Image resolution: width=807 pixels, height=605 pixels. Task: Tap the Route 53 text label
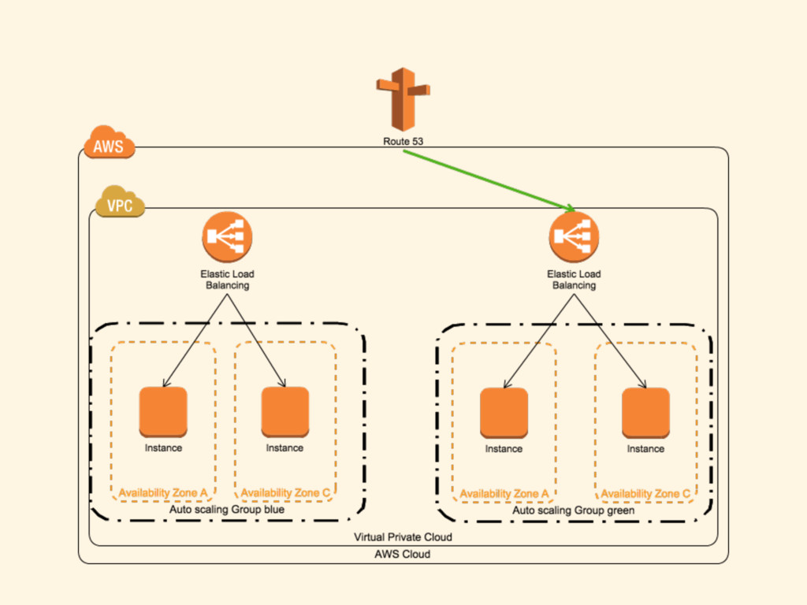tap(403, 142)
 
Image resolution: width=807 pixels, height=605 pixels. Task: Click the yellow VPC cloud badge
tap(120, 206)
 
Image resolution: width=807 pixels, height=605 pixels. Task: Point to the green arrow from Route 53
tap(489, 179)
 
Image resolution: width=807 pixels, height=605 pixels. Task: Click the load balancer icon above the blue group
tap(227, 237)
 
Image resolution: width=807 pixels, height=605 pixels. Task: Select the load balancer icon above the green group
tap(574, 237)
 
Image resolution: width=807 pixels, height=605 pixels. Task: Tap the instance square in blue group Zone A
tap(163, 412)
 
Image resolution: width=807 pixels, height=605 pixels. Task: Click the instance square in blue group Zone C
tap(284, 412)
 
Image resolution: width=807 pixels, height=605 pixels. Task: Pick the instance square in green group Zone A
tap(504, 412)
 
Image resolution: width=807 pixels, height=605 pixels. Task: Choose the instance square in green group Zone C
tap(645, 412)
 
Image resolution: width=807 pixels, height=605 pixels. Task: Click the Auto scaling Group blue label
tap(227, 510)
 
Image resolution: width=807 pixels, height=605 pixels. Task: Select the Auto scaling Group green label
tap(574, 510)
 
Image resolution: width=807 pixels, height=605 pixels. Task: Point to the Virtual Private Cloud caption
tap(403, 537)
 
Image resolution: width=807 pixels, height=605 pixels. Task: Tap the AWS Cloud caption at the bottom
tap(403, 554)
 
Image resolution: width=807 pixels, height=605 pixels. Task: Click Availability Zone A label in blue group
tap(163, 493)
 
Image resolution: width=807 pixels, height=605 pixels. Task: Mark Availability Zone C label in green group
tap(645, 494)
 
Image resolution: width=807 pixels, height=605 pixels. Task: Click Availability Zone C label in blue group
tap(284, 493)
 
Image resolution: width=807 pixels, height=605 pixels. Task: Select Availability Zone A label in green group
tap(504, 494)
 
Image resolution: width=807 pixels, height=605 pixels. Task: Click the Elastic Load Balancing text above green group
tap(574, 280)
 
